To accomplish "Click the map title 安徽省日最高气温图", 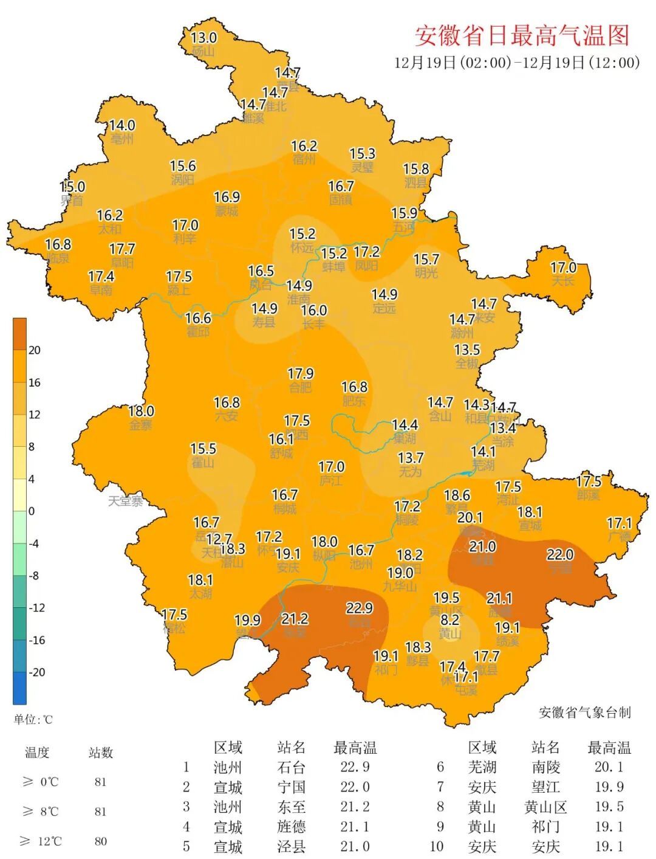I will point(522,36).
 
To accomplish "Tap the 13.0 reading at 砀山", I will point(203,38).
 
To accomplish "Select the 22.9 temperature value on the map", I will point(360,608).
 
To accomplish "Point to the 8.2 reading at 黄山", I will point(450,619).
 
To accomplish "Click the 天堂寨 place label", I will point(126,502).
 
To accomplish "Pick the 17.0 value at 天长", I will point(563,267).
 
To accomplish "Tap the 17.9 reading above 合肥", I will point(301,374).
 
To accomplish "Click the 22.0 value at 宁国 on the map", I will point(560,554).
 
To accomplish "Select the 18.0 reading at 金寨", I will point(141,412).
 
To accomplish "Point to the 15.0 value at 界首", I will point(72,187).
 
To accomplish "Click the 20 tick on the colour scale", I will point(35,350).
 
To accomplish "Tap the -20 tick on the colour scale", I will point(37,672).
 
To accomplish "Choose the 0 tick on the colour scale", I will point(32,511).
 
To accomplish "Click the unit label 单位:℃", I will point(33,720).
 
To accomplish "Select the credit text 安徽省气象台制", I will point(584,712).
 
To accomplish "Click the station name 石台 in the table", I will point(291,767).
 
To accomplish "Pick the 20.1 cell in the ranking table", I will point(609,767).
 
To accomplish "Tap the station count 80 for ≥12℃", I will point(101,841).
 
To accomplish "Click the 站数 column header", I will point(101,753).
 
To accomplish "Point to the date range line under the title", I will point(517,63).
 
